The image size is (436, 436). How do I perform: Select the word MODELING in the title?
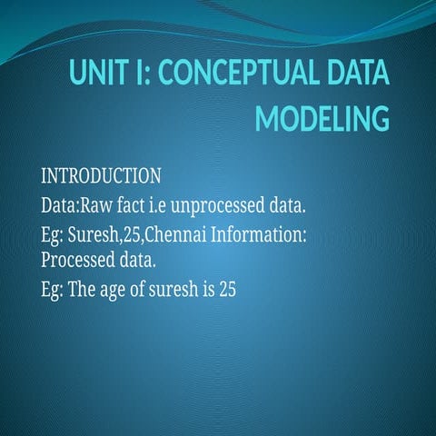point(322,119)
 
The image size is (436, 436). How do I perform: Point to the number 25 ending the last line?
point(227,292)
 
